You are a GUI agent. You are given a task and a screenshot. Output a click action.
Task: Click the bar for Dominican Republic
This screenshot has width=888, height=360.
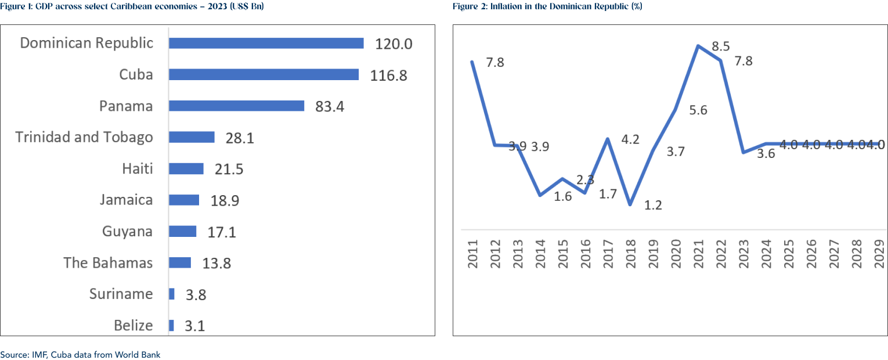tap(266, 43)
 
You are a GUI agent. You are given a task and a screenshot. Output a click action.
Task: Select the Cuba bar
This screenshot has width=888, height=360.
tap(263, 74)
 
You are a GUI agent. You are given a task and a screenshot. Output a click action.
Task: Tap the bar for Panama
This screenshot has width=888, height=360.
tap(236, 106)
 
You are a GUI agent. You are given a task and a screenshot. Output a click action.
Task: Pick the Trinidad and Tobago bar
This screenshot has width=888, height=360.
tap(192, 137)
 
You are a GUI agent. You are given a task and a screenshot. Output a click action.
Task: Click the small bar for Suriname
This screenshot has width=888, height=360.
tap(171, 294)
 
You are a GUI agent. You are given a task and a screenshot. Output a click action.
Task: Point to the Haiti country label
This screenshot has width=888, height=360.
tap(138, 168)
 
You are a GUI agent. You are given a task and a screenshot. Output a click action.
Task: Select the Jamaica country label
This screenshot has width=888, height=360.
tap(126, 200)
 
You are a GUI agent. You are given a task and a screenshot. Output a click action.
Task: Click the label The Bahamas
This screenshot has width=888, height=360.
tap(108, 262)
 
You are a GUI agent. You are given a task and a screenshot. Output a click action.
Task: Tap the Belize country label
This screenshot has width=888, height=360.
tap(133, 325)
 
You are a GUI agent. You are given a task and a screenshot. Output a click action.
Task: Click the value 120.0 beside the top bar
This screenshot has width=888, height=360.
tap(394, 44)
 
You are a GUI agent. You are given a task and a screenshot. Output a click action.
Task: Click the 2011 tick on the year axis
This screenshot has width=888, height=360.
tap(472, 253)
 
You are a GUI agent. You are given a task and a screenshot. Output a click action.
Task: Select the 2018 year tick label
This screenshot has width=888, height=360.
tap(630, 253)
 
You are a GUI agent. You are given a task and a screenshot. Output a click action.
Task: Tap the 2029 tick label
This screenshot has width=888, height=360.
tap(879, 253)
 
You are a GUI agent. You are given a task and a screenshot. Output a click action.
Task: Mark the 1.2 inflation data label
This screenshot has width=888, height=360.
tap(653, 205)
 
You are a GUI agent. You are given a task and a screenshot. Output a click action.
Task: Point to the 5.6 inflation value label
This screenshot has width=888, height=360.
tap(698, 110)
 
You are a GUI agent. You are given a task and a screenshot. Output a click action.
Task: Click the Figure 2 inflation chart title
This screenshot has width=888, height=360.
tap(546, 6)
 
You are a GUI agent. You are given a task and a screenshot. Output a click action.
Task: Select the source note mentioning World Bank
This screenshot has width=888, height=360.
tap(80, 354)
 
